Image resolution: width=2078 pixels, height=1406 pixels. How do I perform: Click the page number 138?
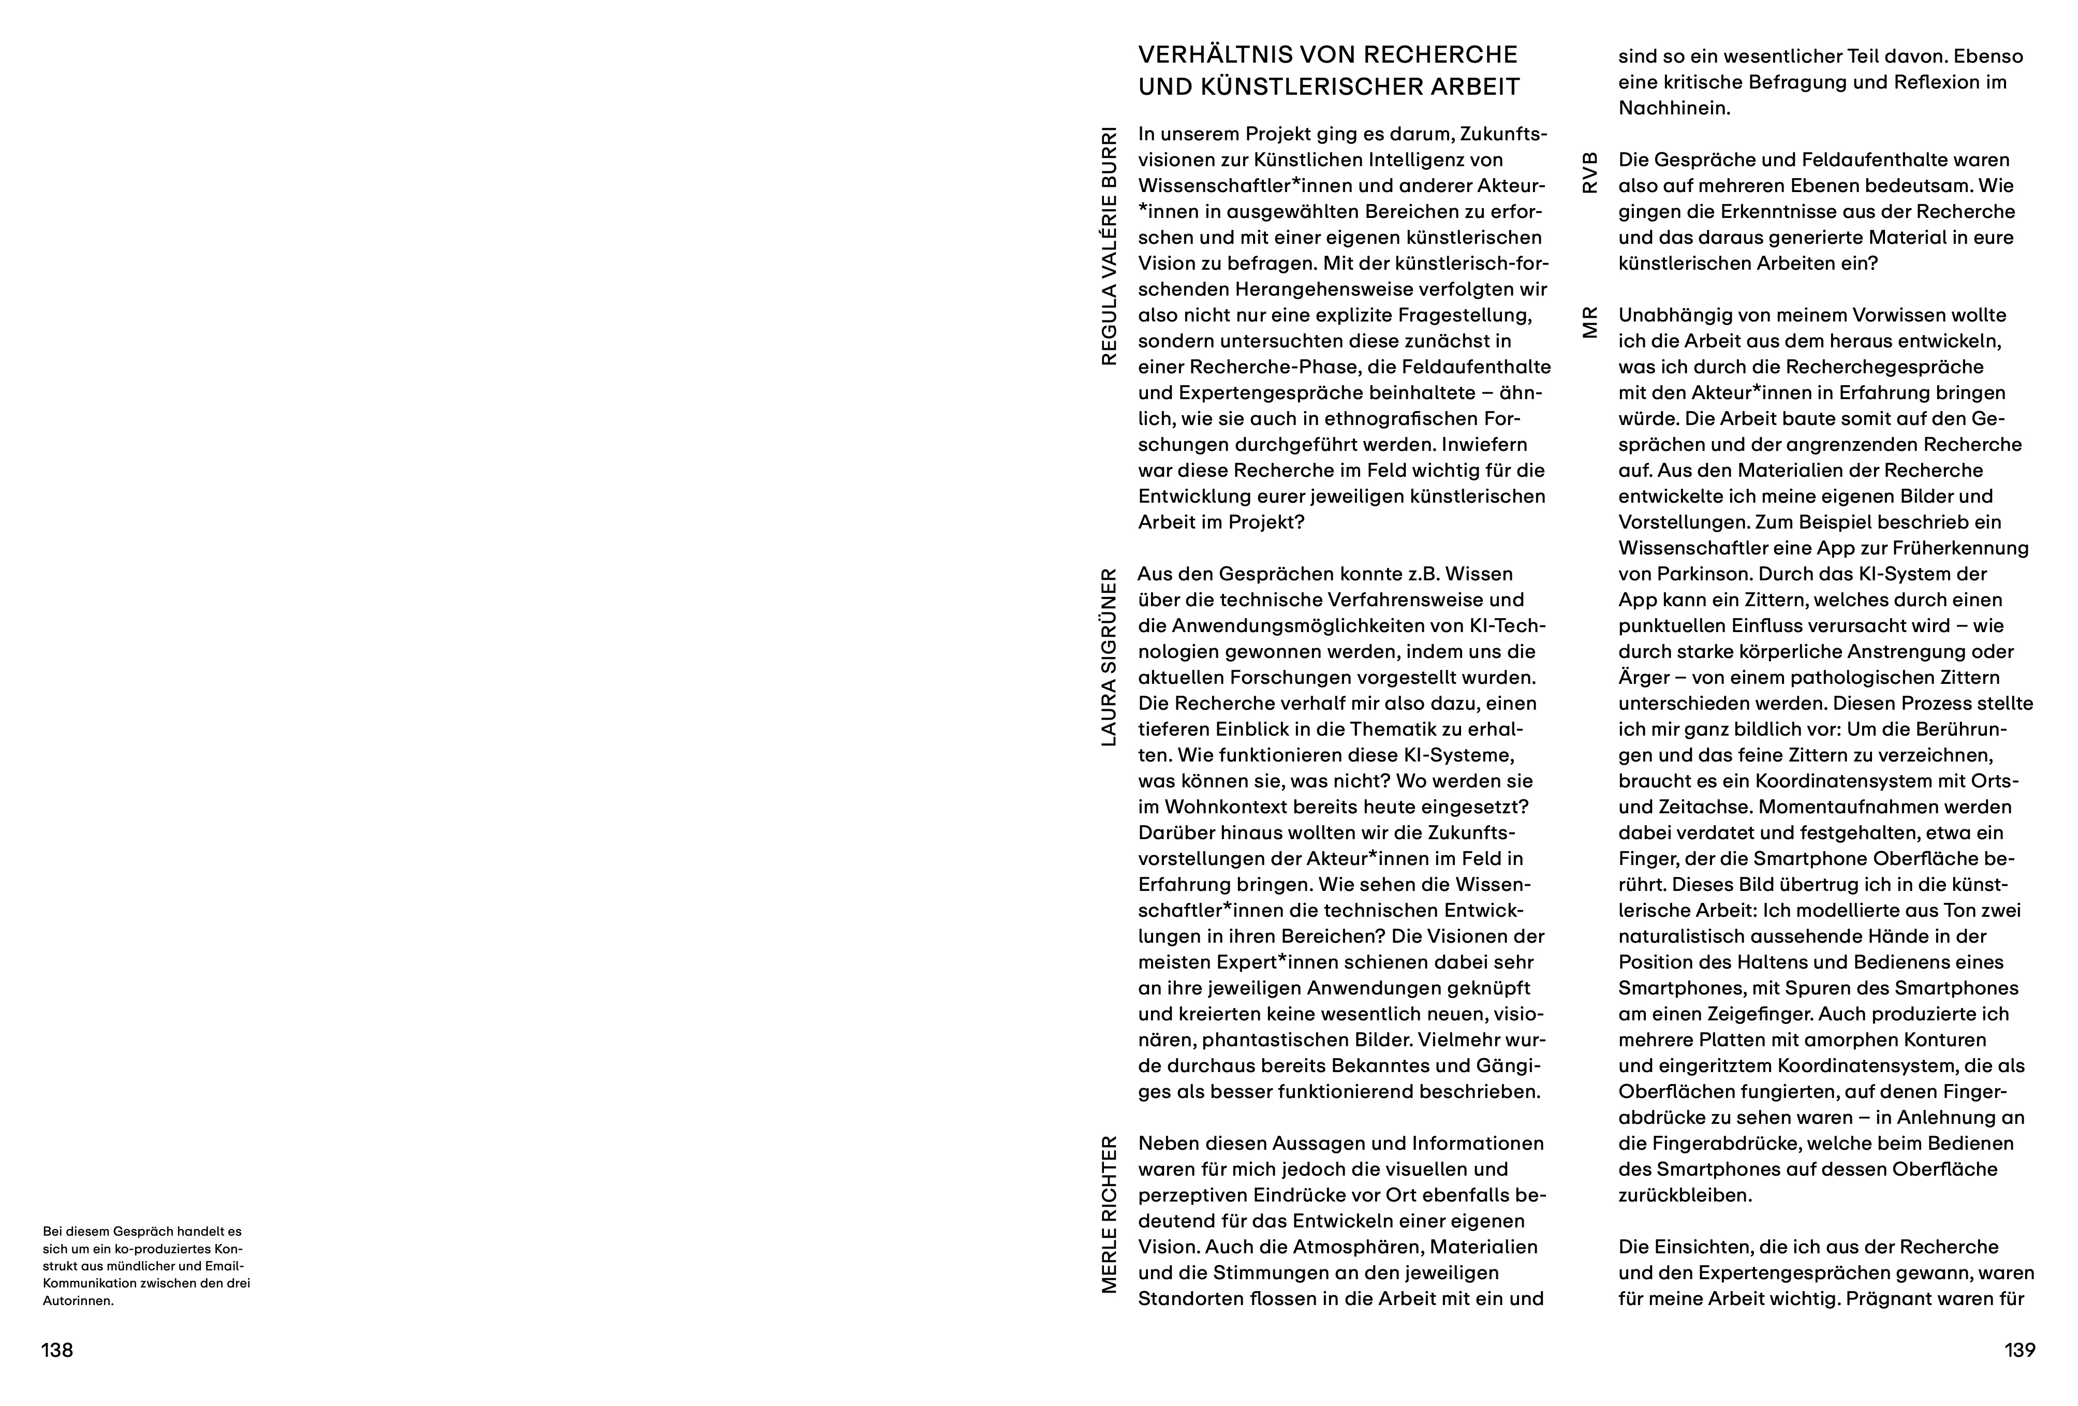pos(57,1351)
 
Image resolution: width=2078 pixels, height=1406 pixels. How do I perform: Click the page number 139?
pos(2020,1351)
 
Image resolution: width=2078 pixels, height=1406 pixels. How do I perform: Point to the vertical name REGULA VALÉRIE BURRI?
pos(1109,246)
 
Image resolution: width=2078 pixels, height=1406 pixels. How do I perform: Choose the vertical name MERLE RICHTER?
pos(1109,1214)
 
